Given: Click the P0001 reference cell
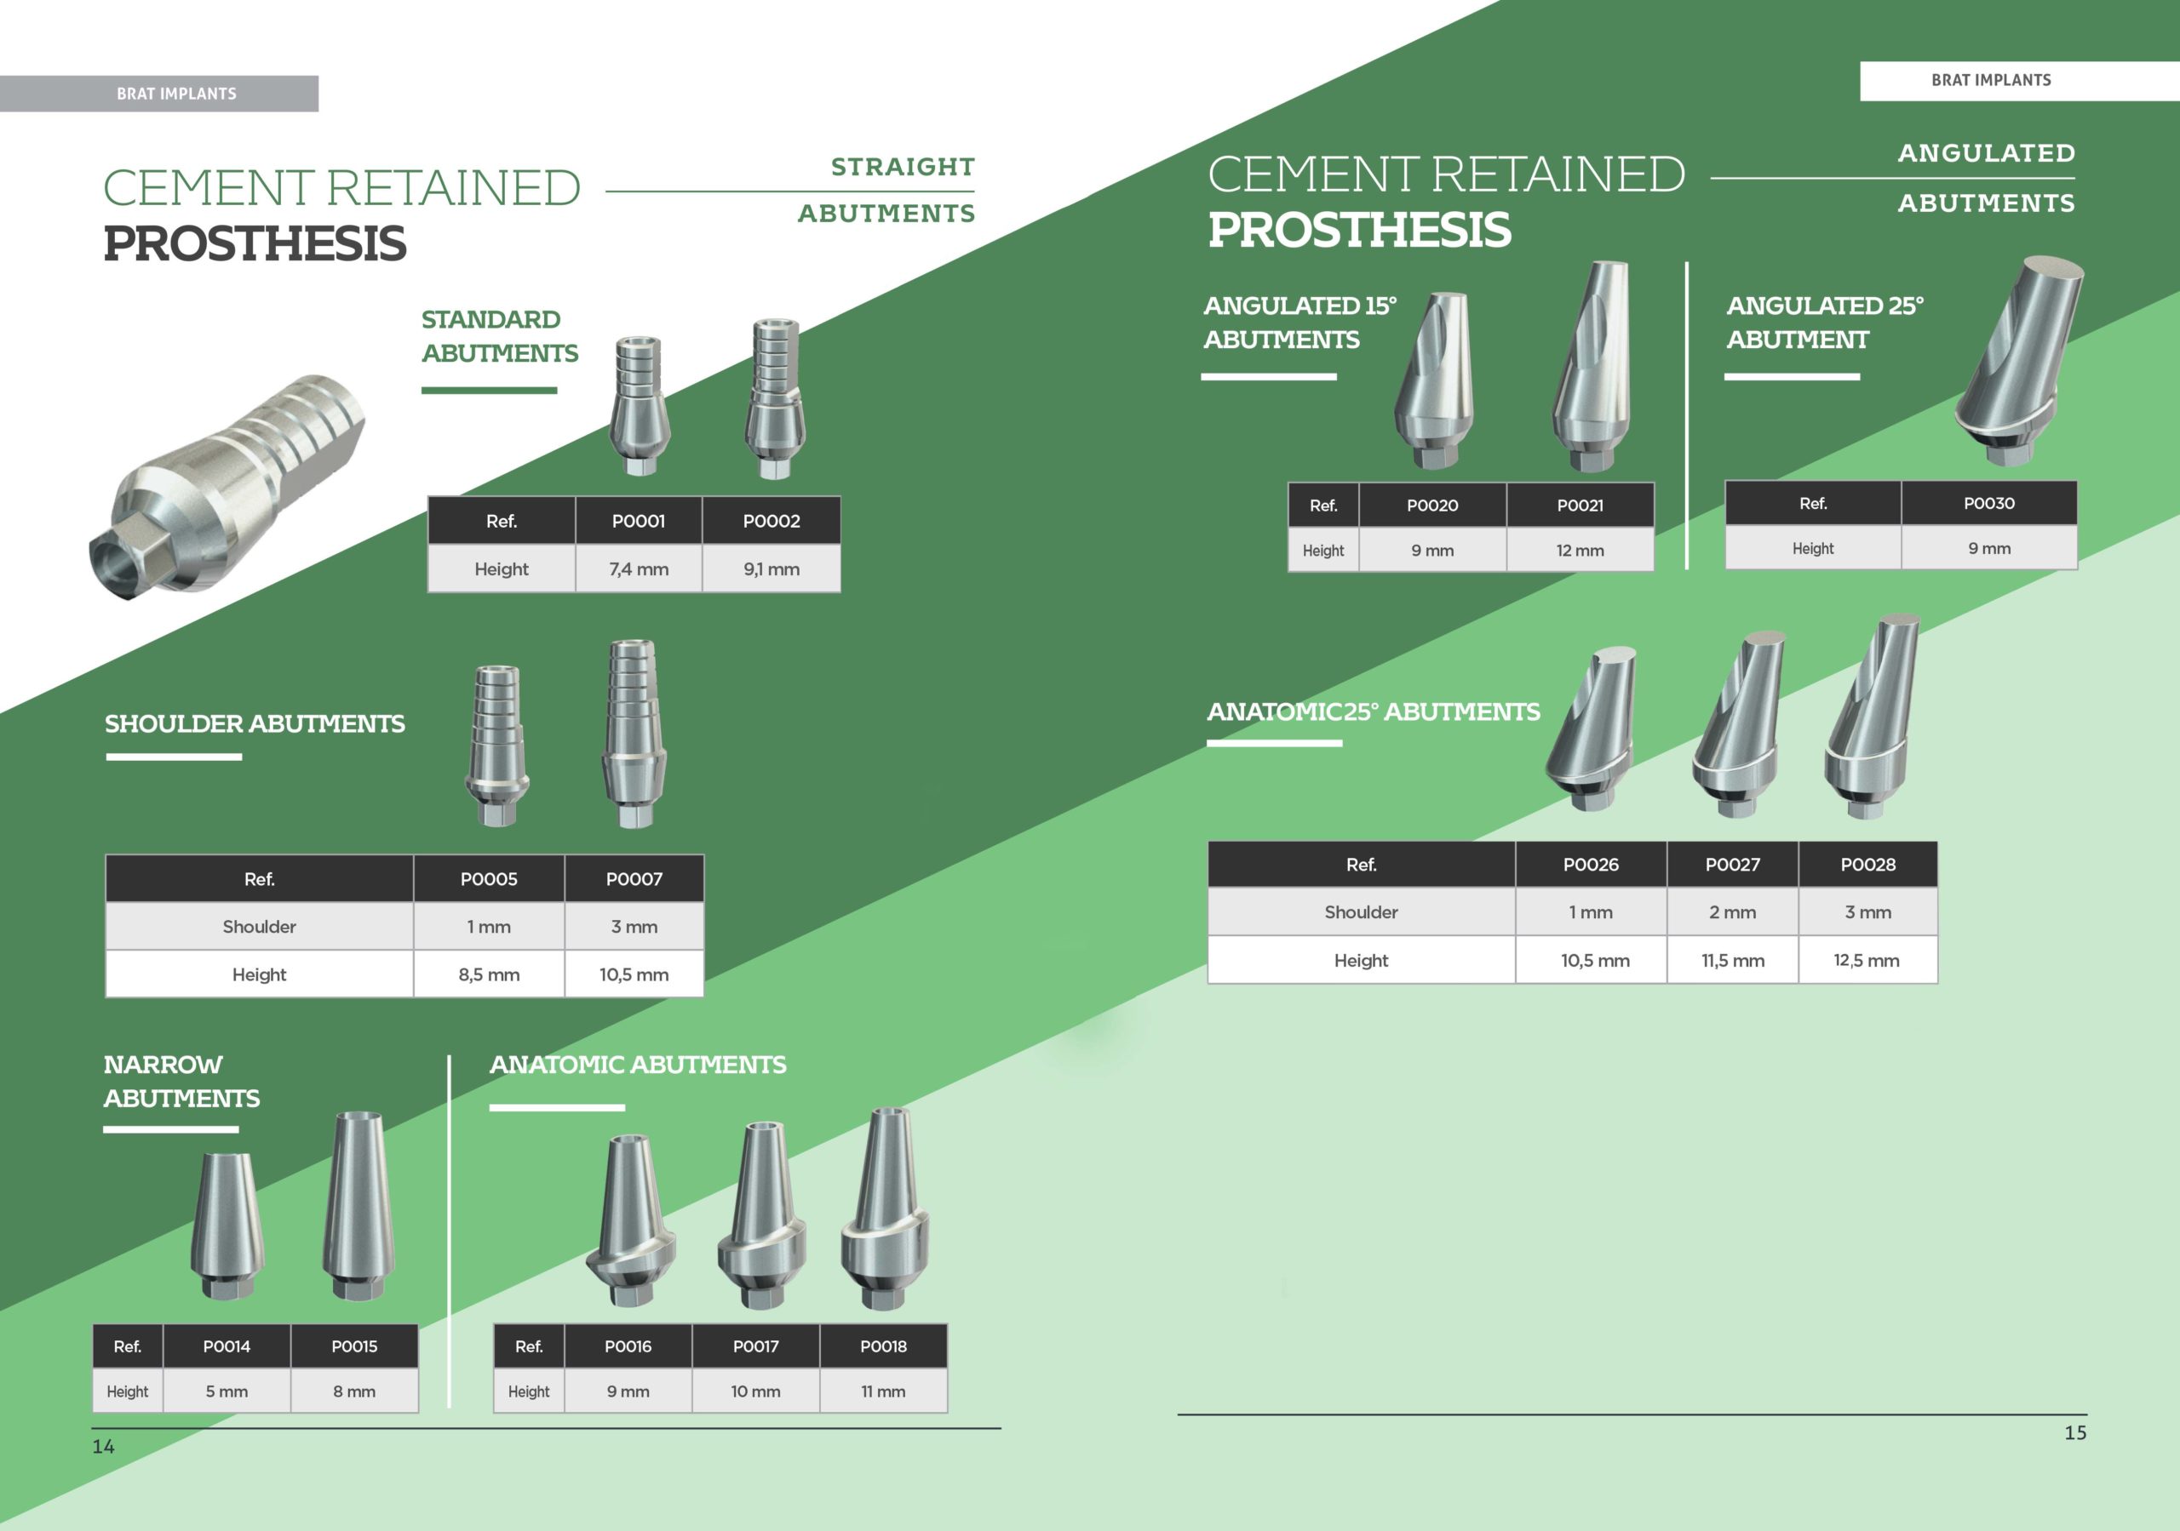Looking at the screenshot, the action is coord(638,520).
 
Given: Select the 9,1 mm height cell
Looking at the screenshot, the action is coord(771,568).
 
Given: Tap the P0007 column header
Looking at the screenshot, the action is coord(634,879).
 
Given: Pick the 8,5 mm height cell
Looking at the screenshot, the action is coord(489,974).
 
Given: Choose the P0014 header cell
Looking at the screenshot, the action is coord(227,1346).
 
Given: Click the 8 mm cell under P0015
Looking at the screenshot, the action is coord(354,1391).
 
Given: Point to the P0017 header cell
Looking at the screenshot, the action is coord(756,1346).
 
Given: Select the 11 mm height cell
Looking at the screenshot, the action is coord(883,1391).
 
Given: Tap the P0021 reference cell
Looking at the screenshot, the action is coord(1580,505).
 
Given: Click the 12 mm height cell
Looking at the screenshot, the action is coord(1580,550).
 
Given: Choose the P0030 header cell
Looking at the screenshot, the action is coord(1989,503).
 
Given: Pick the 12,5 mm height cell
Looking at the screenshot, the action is coord(1867,960).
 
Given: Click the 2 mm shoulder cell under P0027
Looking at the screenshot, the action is coord(1733,911).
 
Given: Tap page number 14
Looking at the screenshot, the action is coord(104,1447).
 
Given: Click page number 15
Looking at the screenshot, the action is coord(2075,1432).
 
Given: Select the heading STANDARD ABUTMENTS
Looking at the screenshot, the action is coord(499,336).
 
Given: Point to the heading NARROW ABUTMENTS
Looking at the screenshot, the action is coord(181,1081).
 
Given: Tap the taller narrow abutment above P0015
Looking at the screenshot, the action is coord(358,1205).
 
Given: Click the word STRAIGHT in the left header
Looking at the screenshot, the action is coord(903,167).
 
